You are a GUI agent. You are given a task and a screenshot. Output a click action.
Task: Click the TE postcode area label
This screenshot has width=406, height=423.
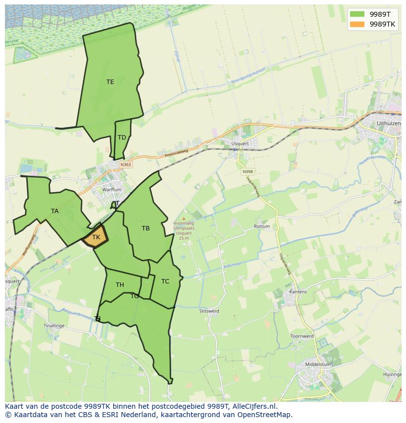[110, 82]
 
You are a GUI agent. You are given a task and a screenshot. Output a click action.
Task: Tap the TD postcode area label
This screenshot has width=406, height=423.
[122, 137]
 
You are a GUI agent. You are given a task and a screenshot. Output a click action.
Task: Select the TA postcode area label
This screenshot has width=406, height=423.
[55, 211]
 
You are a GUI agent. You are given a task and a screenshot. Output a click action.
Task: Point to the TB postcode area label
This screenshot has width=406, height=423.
[146, 228]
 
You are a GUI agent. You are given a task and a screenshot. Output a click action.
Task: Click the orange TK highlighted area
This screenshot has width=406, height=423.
[96, 237]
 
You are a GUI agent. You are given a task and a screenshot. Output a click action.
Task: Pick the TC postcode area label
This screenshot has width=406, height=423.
[165, 282]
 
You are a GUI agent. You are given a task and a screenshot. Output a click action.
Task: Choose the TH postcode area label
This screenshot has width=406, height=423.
[120, 285]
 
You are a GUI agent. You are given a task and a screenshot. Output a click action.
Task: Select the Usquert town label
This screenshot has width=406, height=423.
[240, 144]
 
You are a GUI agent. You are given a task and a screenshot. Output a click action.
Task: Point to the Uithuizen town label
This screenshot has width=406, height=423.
[388, 124]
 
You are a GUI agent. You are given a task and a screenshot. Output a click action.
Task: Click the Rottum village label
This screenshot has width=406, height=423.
[262, 226]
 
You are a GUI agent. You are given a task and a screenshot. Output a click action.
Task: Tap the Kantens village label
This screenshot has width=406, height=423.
[298, 292]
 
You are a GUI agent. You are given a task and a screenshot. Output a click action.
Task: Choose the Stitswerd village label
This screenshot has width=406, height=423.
[209, 311]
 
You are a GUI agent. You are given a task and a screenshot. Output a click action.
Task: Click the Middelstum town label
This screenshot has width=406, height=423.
[318, 365]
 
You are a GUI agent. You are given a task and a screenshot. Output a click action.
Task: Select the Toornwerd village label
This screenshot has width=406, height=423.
[302, 337]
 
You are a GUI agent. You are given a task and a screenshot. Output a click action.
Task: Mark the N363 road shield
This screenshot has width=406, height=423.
[126, 165]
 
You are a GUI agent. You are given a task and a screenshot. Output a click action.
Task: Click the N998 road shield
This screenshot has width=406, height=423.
[248, 171]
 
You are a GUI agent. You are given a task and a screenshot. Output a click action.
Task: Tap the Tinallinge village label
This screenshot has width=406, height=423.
[54, 326]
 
